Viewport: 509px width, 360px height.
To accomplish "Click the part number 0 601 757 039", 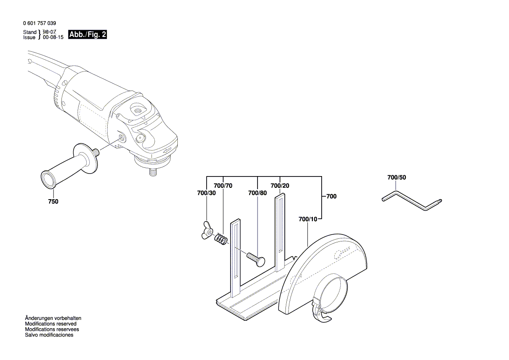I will click(x=39, y=23).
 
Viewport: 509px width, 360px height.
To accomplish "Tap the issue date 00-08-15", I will click(x=53, y=38).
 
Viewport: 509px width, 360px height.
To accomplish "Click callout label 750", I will click(x=53, y=202).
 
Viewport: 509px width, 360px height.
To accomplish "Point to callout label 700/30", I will click(x=206, y=193).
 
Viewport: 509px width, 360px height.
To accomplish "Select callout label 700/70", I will click(x=224, y=186).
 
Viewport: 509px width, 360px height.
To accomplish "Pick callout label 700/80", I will click(x=258, y=193).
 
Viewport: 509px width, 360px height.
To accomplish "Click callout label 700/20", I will click(x=280, y=186).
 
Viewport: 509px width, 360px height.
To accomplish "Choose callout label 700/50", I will click(x=396, y=178).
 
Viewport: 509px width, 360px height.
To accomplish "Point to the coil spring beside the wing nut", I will click(x=221, y=240).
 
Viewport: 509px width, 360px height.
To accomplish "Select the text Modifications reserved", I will click(x=51, y=324).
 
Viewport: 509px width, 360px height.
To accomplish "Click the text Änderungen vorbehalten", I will click(x=53, y=319).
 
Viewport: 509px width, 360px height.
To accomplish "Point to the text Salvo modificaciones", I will click(x=49, y=335).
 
